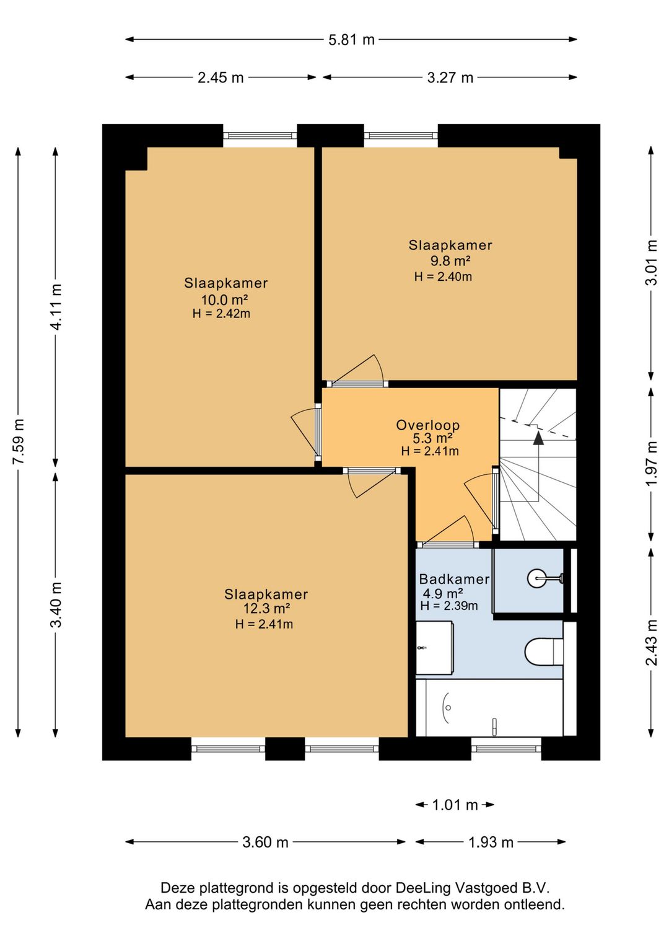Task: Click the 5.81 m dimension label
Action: point(351,40)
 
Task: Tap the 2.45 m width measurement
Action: point(221,77)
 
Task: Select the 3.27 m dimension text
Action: point(450,77)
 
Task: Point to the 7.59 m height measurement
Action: point(18,441)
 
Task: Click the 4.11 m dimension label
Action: point(56,307)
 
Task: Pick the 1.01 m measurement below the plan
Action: point(455,805)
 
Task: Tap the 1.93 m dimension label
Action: point(491,842)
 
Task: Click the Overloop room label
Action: point(427,425)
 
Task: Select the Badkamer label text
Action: point(454,579)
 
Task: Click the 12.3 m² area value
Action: point(266,609)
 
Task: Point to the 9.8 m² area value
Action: point(450,260)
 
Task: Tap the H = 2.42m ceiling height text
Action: point(221,314)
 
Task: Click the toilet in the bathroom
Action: point(544,652)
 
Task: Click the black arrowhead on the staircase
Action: point(538,438)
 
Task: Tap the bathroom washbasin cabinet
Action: point(435,647)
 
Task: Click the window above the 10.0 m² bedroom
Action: point(260,136)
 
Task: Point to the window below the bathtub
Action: point(506,749)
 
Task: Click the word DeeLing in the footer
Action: point(423,888)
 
